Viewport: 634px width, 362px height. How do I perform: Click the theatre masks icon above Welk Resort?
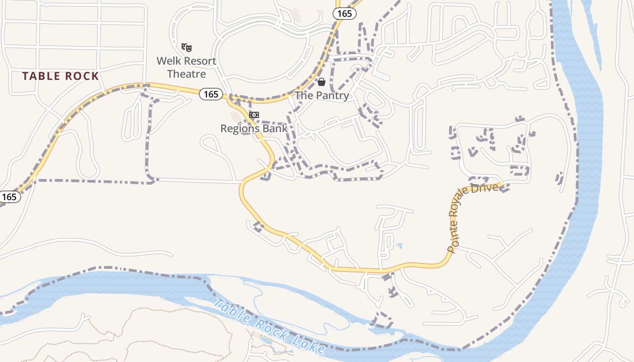tap(187, 47)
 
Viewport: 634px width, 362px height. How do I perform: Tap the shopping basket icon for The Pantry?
tap(322, 82)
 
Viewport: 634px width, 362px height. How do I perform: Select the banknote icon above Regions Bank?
tap(254, 115)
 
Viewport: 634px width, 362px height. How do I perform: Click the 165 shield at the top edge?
tap(345, 14)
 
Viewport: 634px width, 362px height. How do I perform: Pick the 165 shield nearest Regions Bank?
tap(211, 94)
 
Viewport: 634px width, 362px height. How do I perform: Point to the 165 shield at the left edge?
tap(9, 197)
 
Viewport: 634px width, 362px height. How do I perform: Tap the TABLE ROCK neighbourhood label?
tap(61, 76)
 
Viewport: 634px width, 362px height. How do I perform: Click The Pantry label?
tap(322, 95)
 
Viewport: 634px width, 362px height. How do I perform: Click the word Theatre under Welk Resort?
tap(187, 74)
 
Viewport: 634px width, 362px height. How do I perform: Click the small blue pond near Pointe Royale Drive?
tap(399, 246)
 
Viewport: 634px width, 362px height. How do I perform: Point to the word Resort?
tap(198, 61)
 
